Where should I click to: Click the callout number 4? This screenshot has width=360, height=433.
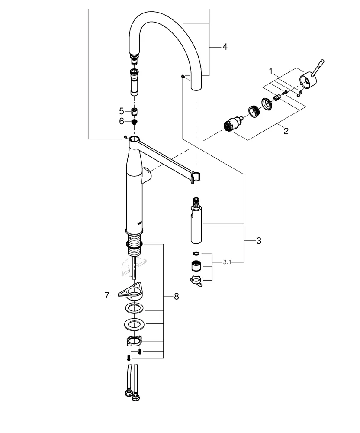[224, 46]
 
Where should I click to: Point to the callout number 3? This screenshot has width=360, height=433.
[258, 241]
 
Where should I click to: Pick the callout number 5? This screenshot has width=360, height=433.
[121, 111]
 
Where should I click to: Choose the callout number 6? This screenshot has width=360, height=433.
[121, 122]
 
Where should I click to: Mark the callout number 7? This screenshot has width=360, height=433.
[107, 295]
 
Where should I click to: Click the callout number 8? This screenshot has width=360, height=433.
[176, 297]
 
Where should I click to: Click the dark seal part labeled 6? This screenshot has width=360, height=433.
[134, 122]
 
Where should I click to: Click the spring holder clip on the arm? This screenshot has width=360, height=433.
[196, 176]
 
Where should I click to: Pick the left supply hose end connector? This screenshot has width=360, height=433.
[128, 394]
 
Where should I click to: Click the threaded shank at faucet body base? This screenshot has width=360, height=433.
[135, 242]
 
